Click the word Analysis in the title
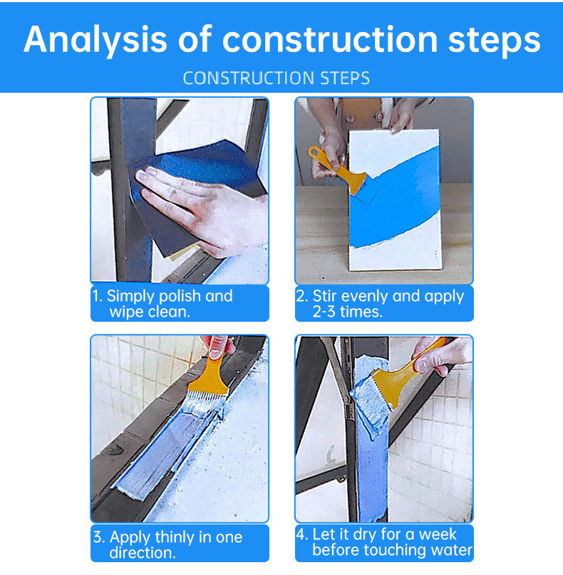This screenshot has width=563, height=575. tap(95, 40)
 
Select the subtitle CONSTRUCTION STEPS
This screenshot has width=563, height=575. tap(277, 78)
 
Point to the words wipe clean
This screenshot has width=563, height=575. tap(150, 312)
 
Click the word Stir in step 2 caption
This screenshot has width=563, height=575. tap(324, 296)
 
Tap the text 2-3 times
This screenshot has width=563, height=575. tap(347, 312)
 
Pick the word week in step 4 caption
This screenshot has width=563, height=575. tap(438, 534)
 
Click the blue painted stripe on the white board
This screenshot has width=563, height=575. tap(396, 200)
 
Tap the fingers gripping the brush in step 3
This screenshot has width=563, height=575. tap(217, 347)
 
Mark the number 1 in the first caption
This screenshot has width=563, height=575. tap(96, 296)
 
